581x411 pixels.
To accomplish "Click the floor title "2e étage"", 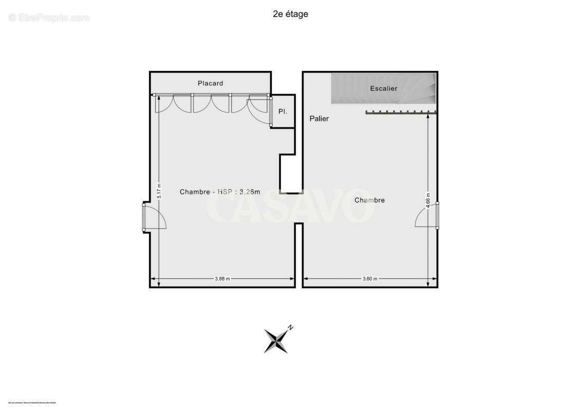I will (290, 14).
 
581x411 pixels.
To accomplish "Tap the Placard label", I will (211, 83).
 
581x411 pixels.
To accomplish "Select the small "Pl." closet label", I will (283, 111).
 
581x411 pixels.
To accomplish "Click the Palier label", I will (319, 119).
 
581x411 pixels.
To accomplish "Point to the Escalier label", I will (384, 88).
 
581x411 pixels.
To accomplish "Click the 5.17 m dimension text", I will (159, 192).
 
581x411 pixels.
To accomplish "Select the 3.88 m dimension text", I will (222, 279).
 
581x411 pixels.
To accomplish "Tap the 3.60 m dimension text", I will (370, 279).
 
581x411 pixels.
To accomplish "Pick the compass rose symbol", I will (276, 341).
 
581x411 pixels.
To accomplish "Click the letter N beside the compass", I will (291, 327).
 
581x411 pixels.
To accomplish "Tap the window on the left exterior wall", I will (144, 217).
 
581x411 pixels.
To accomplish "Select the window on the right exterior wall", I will (437, 215).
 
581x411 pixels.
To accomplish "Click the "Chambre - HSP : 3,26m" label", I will (220, 192).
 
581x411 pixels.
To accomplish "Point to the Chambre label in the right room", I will (369, 200).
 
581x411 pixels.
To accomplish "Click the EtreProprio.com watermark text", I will (49, 18).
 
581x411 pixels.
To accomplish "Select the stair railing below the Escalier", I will (401, 111).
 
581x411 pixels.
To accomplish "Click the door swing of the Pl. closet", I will (259, 110).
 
